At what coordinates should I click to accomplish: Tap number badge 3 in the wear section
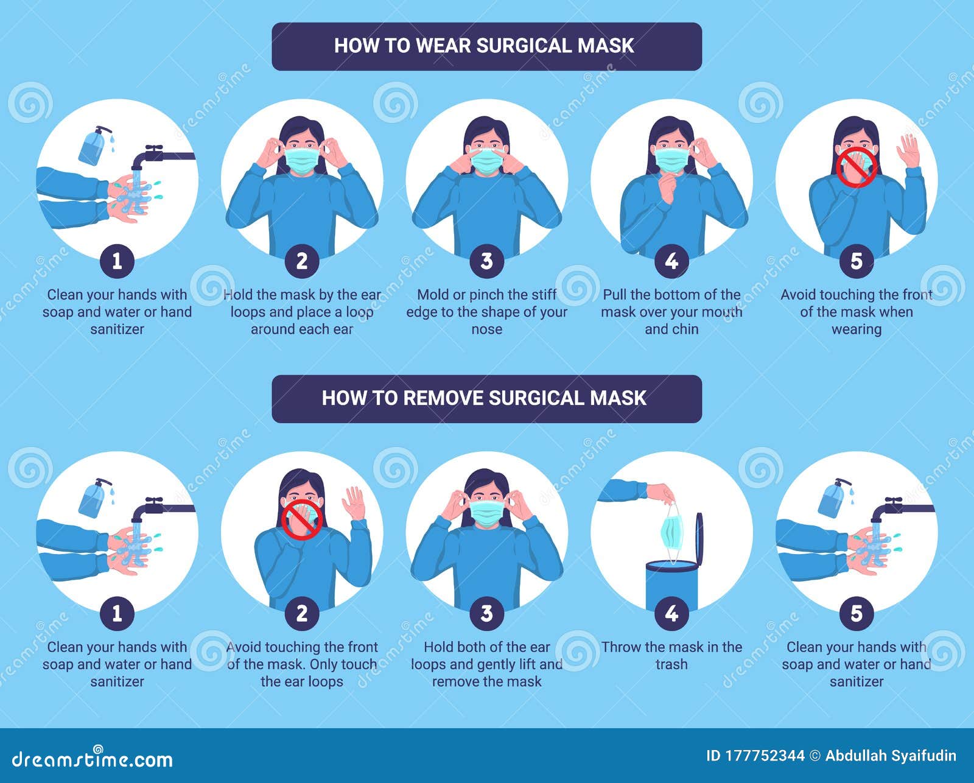(x=486, y=261)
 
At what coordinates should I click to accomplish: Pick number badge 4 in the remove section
(x=671, y=613)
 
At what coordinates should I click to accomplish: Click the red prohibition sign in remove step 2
(x=302, y=519)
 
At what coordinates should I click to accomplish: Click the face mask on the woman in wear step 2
(x=303, y=160)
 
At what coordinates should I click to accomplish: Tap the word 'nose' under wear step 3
(x=486, y=329)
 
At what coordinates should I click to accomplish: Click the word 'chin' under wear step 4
(x=685, y=329)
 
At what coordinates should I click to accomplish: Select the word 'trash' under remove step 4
(x=671, y=664)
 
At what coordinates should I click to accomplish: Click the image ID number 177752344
(x=765, y=756)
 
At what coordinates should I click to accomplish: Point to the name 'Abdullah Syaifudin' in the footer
(x=891, y=756)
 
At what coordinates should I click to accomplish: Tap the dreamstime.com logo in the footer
(x=93, y=759)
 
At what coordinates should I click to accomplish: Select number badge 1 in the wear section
(x=117, y=261)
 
